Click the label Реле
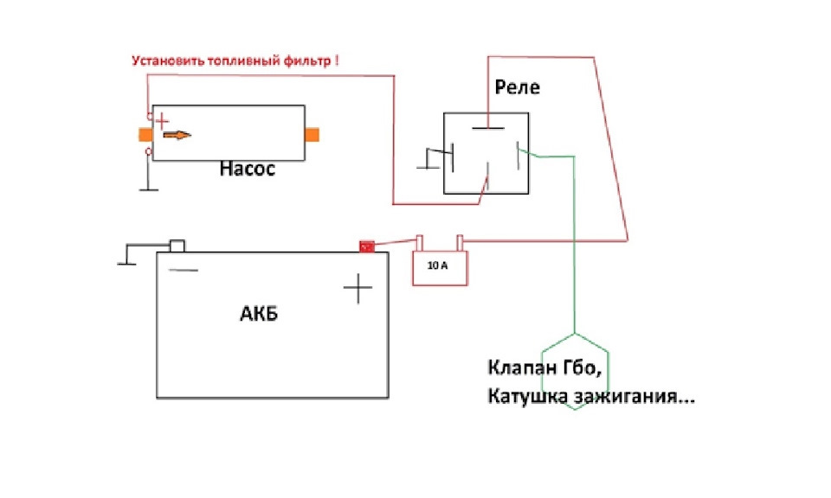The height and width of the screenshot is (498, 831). pyautogui.click(x=517, y=87)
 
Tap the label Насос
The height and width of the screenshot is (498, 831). pyautogui.click(x=248, y=169)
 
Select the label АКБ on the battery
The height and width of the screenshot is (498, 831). pyautogui.click(x=259, y=314)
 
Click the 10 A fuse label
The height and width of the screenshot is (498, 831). pyautogui.click(x=438, y=265)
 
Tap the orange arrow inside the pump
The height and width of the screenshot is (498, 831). pyautogui.click(x=177, y=136)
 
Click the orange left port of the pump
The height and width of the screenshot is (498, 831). pyautogui.click(x=145, y=134)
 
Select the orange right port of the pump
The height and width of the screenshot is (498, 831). pyautogui.click(x=312, y=135)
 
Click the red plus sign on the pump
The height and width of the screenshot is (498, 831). pyautogui.click(x=162, y=121)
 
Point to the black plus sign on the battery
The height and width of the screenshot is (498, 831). pyautogui.click(x=358, y=289)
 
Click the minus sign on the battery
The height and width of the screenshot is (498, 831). pyautogui.click(x=183, y=271)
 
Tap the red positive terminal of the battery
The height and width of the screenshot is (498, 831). pyautogui.click(x=367, y=246)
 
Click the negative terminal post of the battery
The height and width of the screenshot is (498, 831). pyautogui.click(x=177, y=246)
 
